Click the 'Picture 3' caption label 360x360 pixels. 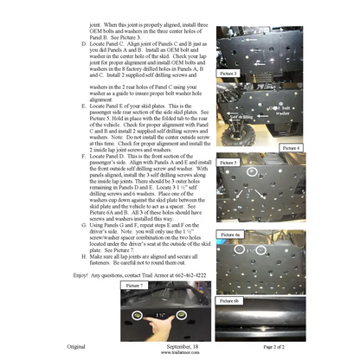(228, 74)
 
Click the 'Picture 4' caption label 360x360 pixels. (292, 148)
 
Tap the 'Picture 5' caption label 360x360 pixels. (229, 162)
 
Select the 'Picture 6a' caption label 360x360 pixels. (231, 234)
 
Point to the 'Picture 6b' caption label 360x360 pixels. (230, 299)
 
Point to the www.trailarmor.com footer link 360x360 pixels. (179, 353)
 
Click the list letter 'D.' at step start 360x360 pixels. (82, 42)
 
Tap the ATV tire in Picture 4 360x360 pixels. (228, 130)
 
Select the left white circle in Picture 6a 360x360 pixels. (240, 249)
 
